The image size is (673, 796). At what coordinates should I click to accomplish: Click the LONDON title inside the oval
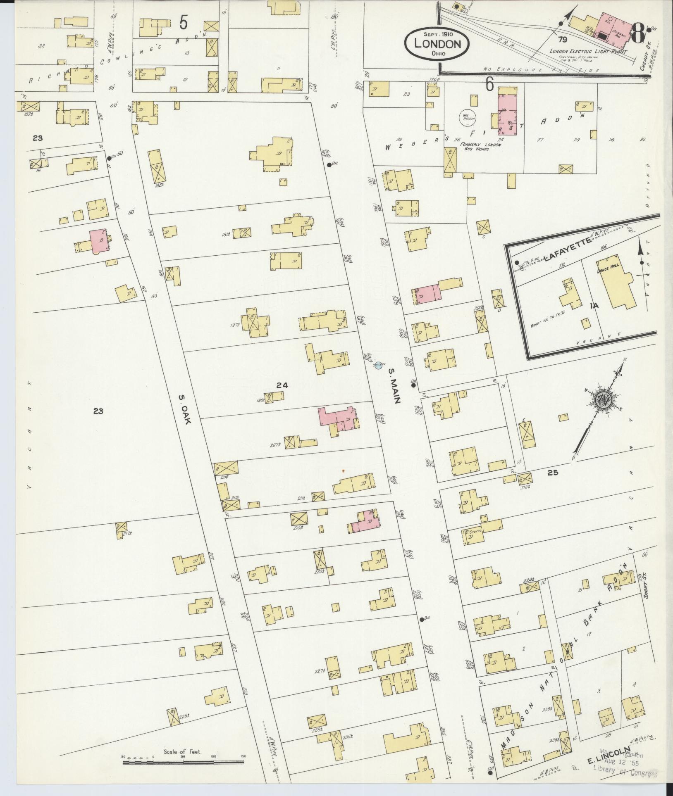tap(437, 44)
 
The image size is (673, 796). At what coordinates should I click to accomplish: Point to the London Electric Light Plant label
tap(588, 52)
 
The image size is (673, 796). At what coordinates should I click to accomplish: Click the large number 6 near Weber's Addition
tap(489, 85)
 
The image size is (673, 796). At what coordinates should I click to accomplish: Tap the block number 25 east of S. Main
tap(553, 473)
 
